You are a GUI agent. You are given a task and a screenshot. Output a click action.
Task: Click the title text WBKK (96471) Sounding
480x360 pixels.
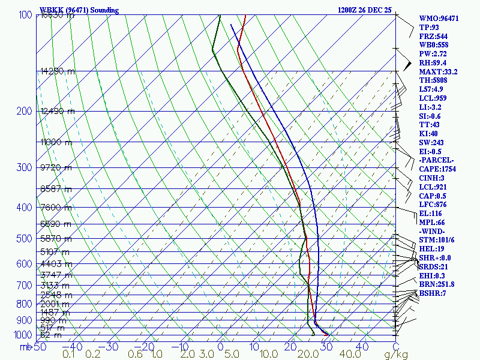click(x=79, y=10)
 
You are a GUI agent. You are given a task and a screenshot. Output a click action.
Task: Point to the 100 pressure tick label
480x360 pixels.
click(x=25, y=15)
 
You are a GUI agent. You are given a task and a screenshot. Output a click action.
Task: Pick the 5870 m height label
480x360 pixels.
click(x=55, y=239)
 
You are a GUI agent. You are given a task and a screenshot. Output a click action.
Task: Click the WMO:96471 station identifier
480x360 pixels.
click(x=439, y=19)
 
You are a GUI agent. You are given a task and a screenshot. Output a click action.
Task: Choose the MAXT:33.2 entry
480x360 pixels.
click(x=438, y=72)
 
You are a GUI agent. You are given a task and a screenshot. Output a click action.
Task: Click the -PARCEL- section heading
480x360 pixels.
click(x=437, y=160)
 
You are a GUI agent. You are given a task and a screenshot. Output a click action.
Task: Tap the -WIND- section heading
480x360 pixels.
click(x=433, y=232)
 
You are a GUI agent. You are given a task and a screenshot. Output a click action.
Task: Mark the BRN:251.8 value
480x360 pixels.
click(x=437, y=284)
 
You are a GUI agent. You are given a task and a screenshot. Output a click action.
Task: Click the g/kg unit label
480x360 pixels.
click(x=396, y=355)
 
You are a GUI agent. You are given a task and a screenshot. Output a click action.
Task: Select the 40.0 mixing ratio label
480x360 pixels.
click(x=347, y=355)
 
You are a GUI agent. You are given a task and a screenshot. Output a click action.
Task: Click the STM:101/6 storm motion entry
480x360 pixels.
click(x=436, y=240)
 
